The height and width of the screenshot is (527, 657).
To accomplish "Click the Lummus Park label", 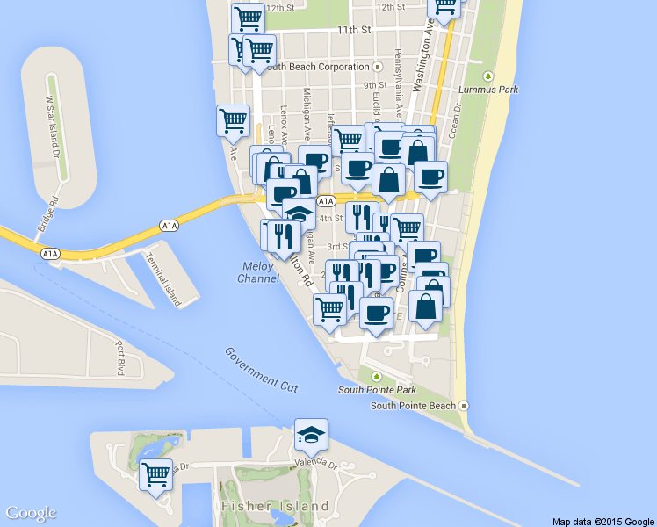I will click(x=496, y=90).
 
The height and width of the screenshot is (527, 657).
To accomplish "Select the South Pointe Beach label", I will click(x=413, y=406).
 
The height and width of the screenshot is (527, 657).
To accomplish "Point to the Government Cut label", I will click(x=261, y=369).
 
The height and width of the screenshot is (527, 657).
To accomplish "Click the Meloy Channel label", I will click(x=258, y=272).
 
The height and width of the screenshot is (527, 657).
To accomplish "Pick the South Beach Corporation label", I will click(x=317, y=67).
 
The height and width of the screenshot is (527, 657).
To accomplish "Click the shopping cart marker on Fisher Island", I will click(x=157, y=475).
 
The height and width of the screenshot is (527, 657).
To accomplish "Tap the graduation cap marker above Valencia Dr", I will click(x=311, y=434).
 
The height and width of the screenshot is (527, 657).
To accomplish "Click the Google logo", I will click(x=31, y=514).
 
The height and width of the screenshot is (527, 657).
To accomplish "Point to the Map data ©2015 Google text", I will click(x=603, y=521).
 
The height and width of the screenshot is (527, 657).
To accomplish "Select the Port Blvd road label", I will click(x=120, y=354).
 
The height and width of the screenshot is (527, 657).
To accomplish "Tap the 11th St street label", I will click(x=355, y=30).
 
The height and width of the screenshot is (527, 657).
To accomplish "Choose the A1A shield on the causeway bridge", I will click(x=170, y=226).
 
